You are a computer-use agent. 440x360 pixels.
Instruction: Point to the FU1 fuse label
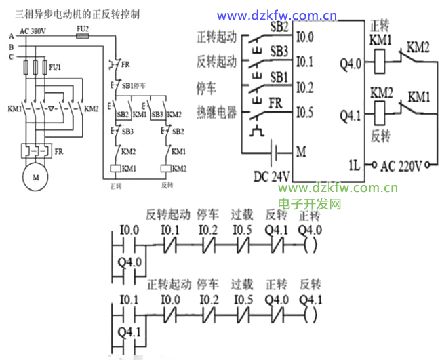(x=54, y=68)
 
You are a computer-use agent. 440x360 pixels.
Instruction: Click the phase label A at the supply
(x=11, y=36)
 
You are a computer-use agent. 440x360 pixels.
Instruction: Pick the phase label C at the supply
(x=11, y=57)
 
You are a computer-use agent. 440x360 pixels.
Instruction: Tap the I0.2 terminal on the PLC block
(x=305, y=87)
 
